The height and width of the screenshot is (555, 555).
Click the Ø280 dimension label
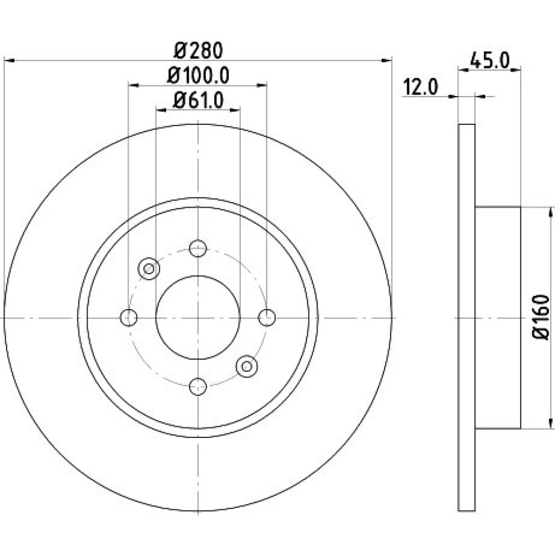[x=198, y=51]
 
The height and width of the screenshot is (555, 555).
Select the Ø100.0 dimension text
[x=198, y=75]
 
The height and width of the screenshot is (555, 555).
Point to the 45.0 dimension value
[x=490, y=61]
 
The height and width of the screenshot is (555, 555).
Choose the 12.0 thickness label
[x=421, y=87]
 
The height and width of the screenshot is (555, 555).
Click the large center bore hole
[x=198, y=317]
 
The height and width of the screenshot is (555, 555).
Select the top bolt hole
[x=198, y=248]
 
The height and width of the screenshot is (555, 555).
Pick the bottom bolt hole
[x=198, y=386]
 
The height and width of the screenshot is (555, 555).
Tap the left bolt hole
[x=129, y=317]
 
